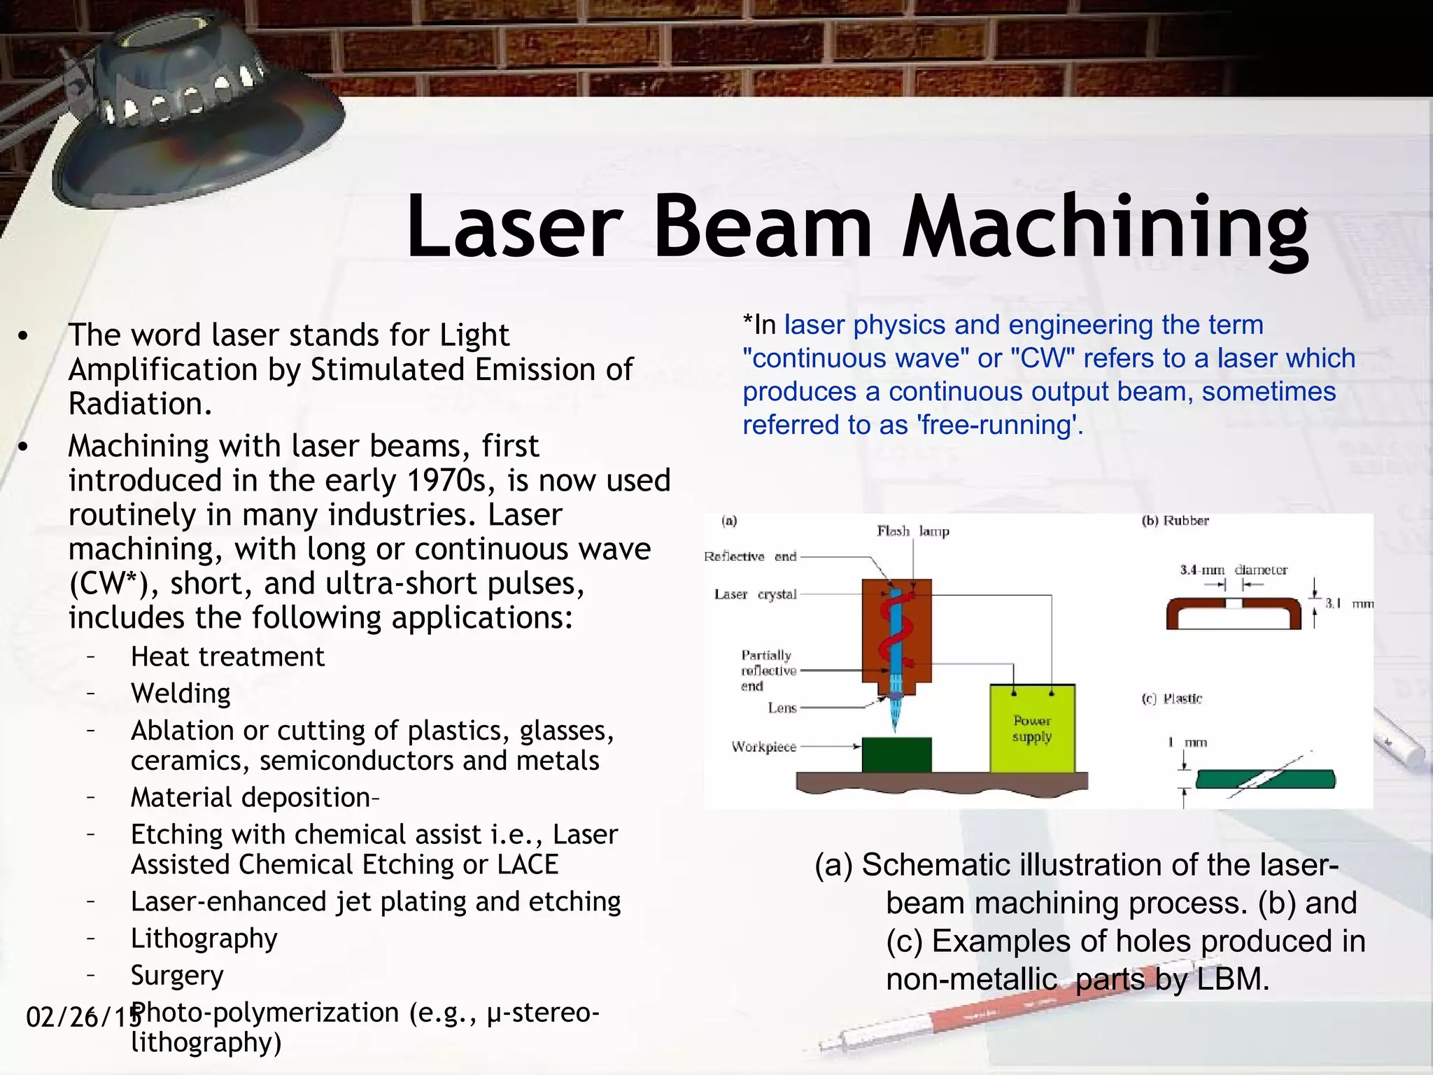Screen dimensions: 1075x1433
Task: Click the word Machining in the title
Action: pos(1106,227)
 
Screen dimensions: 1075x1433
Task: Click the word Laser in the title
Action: pos(514,227)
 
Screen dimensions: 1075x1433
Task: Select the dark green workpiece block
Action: pos(896,755)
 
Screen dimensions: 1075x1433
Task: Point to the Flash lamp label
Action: pos(913,531)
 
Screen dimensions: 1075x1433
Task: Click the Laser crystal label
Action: pos(755,594)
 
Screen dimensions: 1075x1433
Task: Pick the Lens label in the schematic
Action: pos(782,708)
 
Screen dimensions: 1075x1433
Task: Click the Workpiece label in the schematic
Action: pos(763,747)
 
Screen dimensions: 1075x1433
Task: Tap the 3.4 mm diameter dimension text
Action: pos(1233,570)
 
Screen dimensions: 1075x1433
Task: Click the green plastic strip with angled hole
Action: pos(1265,779)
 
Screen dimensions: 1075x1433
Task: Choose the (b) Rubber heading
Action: pos(1176,521)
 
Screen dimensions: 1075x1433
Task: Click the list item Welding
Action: pos(181,693)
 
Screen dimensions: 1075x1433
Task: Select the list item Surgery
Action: pos(177,975)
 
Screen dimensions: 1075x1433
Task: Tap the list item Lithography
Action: pos(204,938)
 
